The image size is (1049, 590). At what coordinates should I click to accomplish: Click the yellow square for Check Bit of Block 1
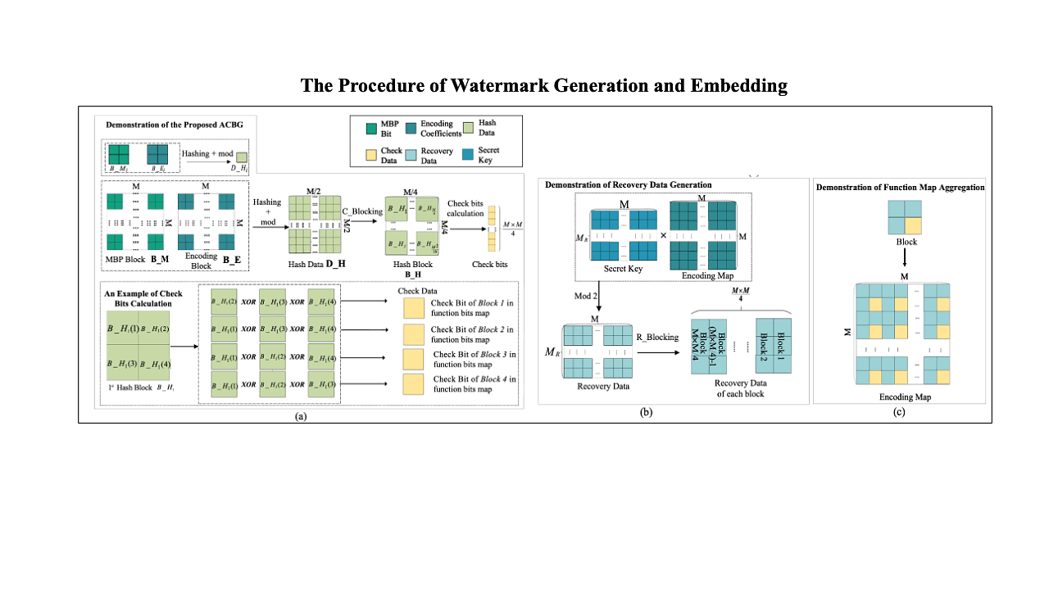point(415,306)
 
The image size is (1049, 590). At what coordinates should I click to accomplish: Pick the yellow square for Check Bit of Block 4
point(415,384)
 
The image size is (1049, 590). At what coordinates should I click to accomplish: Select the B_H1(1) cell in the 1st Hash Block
point(123,328)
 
